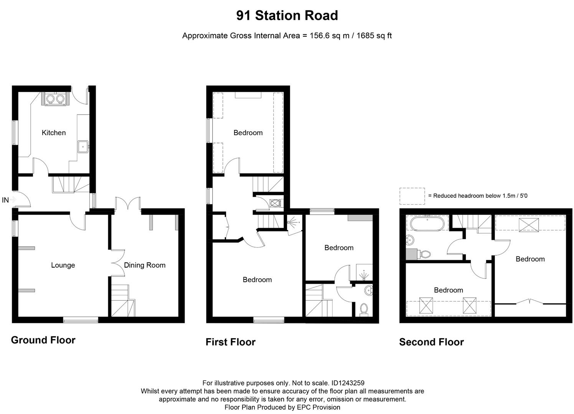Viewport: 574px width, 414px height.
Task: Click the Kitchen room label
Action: [x=54, y=133]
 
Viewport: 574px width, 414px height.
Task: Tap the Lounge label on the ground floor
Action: [x=63, y=265]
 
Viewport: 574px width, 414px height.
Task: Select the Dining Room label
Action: [x=145, y=265]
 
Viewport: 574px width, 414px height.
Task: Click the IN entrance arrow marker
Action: [x=13, y=200]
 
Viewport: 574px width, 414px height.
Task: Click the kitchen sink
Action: [x=83, y=146]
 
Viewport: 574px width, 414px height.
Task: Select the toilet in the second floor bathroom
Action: [x=424, y=254]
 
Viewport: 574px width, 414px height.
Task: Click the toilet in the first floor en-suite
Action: [x=364, y=309]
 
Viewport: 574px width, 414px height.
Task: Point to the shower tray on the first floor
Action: [x=364, y=272]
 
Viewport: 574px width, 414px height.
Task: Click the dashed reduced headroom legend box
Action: [x=412, y=196]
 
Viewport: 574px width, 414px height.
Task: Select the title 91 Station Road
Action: [x=287, y=16]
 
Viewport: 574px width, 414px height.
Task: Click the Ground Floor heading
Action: [x=43, y=340]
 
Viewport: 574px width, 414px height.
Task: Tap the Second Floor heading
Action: [x=431, y=342]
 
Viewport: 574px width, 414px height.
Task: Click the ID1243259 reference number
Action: [x=348, y=383]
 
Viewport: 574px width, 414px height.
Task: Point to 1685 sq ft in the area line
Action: [x=374, y=36]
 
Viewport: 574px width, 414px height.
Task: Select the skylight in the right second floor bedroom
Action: [x=529, y=225]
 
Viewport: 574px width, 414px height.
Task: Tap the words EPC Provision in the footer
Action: [x=318, y=407]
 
